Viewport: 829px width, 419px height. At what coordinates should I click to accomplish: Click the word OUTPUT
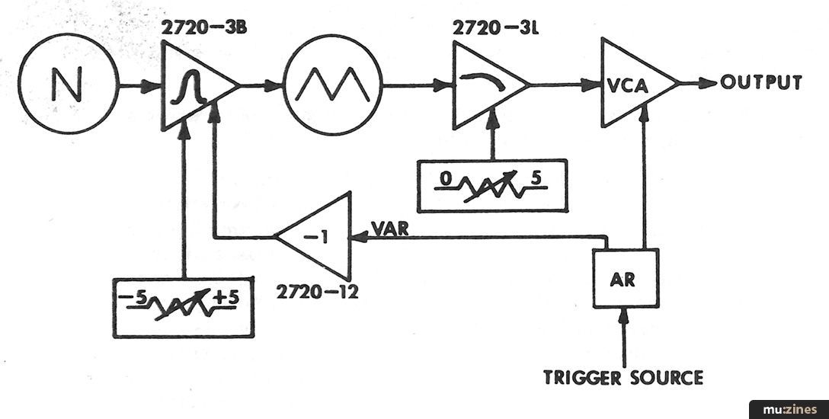(x=762, y=82)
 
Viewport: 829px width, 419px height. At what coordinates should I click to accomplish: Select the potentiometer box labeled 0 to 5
(x=492, y=184)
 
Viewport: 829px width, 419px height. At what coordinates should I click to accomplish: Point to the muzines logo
(x=789, y=409)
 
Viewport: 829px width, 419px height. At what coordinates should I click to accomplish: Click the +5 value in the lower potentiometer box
(x=226, y=299)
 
